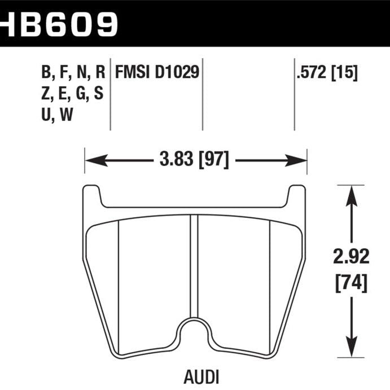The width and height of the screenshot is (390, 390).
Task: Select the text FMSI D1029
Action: [157, 72]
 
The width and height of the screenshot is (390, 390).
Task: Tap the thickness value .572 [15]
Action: [326, 72]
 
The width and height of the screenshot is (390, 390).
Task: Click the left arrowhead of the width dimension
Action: [90, 160]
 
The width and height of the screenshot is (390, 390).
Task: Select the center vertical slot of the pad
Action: [195, 265]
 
